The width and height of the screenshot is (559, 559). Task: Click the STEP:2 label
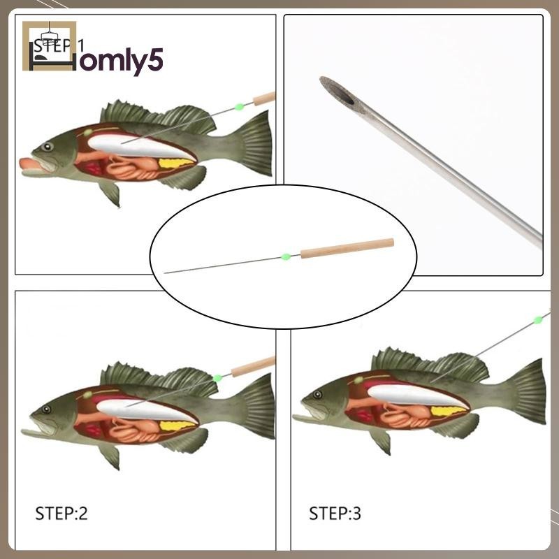pos(61,514)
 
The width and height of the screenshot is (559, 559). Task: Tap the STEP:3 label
pos(335,514)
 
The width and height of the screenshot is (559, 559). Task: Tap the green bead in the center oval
pos(286,256)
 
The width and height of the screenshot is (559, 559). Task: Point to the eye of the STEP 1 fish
pos(47,147)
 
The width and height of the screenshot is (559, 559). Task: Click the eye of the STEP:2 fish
pos(46,409)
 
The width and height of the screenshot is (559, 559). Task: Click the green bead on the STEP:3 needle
pos(537,320)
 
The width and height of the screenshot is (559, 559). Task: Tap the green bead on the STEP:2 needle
pos(217,378)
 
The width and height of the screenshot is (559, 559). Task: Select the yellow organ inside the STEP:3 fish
pos(447,411)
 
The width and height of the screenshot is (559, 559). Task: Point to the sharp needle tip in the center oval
pos(166,273)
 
